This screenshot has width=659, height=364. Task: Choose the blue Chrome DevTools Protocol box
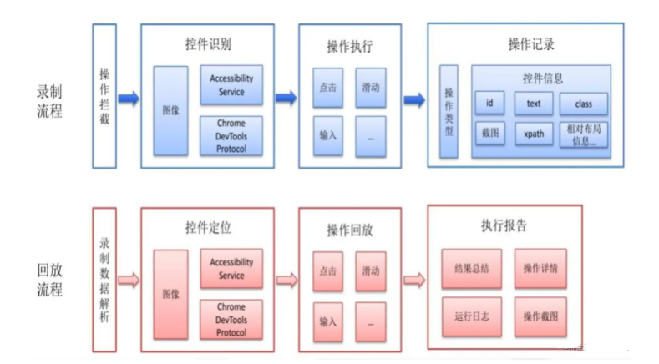point(231,135)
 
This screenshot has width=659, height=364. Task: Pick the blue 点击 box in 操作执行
point(328,87)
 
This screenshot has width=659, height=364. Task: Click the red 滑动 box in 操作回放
point(370,271)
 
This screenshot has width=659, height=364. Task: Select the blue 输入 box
point(328,135)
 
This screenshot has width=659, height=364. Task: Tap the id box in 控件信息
point(489,104)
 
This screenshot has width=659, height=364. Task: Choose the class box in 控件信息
point(583,104)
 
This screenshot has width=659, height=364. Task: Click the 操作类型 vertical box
point(449,112)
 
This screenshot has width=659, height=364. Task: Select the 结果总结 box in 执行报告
point(472,269)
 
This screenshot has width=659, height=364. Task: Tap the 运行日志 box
point(472,316)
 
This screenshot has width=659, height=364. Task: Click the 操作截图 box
point(540,316)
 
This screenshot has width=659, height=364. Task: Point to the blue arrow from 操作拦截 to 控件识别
point(128,99)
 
